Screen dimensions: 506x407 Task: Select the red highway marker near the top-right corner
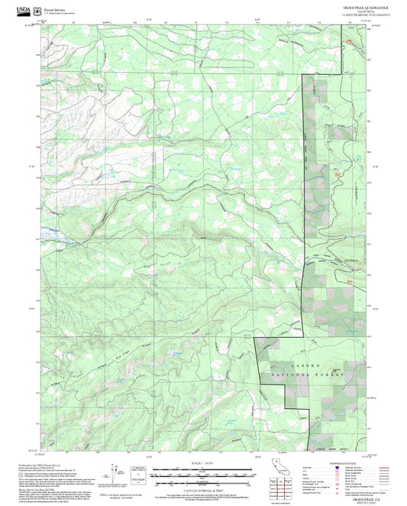coord(349,41)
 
